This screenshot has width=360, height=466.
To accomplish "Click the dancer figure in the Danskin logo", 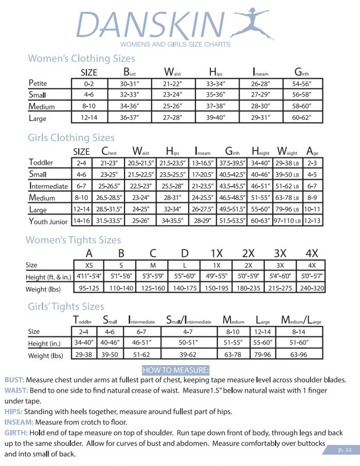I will pyautogui.click(x=252, y=23).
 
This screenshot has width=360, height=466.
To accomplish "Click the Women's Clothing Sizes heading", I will pyautogui.click(x=81, y=58).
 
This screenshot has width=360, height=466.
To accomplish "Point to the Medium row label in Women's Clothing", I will pyautogui.click(x=42, y=106).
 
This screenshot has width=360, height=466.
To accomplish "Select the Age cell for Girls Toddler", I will pyautogui.click(x=313, y=163).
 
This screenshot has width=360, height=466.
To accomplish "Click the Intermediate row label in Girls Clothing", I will pyautogui.click(x=48, y=186).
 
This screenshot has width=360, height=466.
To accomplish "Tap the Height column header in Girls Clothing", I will pyautogui.click(x=261, y=151).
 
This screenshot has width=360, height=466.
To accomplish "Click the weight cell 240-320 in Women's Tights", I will pyautogui.click(x=312, y=289).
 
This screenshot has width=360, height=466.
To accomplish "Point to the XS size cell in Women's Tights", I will pyautogui.click(x=89, y=265).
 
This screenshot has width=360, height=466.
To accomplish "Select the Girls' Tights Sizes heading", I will pyautogui.click(x=66, y=307).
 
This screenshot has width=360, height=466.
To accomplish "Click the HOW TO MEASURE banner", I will pyautogui.click(x=175, y=370).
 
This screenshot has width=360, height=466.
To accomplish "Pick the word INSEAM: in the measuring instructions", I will pyautogui.click(x=20, y=422).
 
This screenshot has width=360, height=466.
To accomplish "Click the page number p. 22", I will pyautogui.click(x=345, y=450).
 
